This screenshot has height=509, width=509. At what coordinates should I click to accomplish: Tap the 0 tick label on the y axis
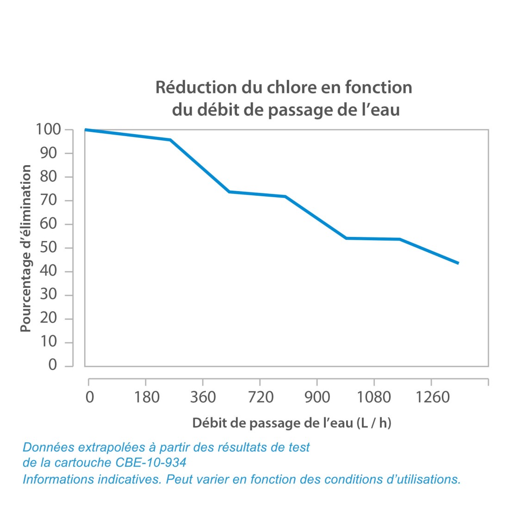click(x=52, y=365)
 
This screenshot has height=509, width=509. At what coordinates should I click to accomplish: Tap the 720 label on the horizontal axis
click(x=261, y=397)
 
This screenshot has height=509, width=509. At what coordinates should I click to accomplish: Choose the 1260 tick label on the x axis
click(x=433, y=397)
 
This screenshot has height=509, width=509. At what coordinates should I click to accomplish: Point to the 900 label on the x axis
click(x=317, y=397)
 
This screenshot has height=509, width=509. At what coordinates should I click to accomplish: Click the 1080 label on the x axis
click(x=374, y=397)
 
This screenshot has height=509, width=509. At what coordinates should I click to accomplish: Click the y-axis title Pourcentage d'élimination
click(x=26, y=248)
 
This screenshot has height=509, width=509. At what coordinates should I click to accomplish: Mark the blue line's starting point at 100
click(x=86, y=130)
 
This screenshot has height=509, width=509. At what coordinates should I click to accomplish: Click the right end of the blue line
click(x=458, y=263)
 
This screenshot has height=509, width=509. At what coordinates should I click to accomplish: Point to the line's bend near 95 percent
click(x=170, y=140)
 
